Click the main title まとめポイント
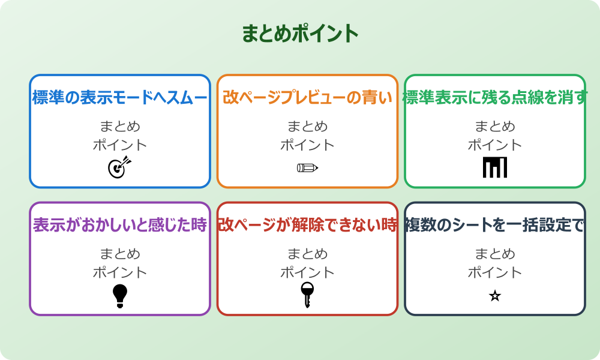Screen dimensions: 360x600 300,34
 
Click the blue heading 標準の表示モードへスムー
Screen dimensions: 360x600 120,98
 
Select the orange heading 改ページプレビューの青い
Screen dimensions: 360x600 307,98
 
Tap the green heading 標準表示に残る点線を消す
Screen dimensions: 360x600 495,98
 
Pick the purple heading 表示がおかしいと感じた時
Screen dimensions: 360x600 120,226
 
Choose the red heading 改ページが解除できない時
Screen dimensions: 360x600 307,226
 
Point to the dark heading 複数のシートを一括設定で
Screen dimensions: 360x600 495,226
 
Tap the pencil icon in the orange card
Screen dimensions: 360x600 307,168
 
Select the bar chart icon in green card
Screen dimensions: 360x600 495,167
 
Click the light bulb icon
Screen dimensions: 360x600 120,296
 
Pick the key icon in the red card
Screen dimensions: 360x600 307,295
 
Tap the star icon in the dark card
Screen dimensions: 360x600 495,296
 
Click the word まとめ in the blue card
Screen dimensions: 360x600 120,127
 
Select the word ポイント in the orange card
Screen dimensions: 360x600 307,145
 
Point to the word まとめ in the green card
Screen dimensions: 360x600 495,127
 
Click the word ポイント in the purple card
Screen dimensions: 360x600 120,273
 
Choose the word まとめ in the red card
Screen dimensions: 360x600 307,254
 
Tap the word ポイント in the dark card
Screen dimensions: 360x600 495,273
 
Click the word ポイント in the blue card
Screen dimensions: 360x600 120,145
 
